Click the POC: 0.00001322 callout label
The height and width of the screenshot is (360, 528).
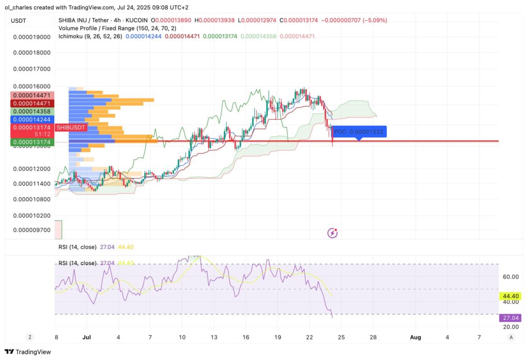pyautogui.click(x=358, y=132)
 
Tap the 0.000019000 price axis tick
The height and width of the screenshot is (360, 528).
pyautogui.click(x=31, y=37)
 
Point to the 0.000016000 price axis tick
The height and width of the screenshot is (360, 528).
pyautogui.click(x=31, y=86)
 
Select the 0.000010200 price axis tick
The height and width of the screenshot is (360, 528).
pyautogui.click(x=31, y=216)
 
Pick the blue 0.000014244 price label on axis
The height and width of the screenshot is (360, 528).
pyautogui.click(x=31, y=119)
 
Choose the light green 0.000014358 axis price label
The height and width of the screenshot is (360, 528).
pyautogui.click(x=31, y=111)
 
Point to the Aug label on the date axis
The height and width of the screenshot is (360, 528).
pyautogui.click(x=416, y=337)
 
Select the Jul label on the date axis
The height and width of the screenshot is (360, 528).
pyautogui.click(x=86, y=337)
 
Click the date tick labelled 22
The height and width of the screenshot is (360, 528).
pyautogui.click(x=310, y=337)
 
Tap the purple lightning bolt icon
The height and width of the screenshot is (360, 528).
pyautogui.click(x=333, y=233)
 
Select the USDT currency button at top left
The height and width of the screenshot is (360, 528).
pyautogui.click(x=20, y=20)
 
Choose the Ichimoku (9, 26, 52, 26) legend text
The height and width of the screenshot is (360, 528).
pyautogui.click(x=90, y=37)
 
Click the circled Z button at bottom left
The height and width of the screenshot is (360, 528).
pyautogui.click(x=30, y=337)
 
